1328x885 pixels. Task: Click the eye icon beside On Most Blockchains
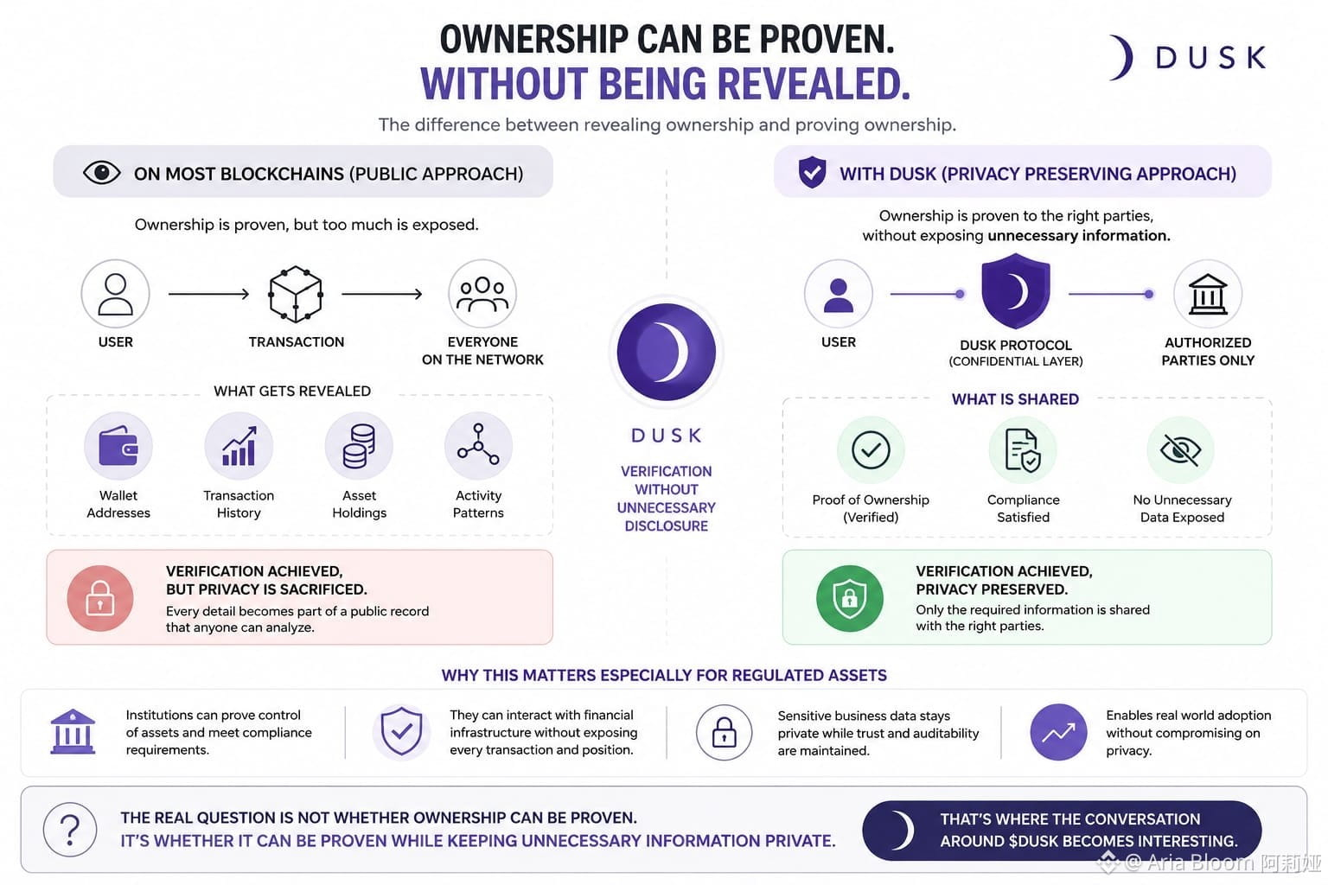102,173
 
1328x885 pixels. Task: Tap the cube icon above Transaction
296,294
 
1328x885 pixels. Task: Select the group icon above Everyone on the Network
482,294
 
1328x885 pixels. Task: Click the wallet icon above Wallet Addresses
118,446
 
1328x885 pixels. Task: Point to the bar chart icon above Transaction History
239,446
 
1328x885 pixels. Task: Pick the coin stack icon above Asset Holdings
360,446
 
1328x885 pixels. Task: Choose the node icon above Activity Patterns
478,446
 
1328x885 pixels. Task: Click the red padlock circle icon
100,597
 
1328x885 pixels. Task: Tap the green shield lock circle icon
850,597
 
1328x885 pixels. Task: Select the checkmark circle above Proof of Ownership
871,450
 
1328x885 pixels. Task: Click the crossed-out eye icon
1180,450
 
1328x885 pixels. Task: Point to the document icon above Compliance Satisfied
1023,450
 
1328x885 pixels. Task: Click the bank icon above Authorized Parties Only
1208,294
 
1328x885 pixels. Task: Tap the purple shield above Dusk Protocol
1016,290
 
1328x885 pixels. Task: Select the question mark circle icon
70,830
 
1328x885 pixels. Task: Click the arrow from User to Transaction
208,294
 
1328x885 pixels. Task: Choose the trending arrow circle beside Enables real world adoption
1058,732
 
